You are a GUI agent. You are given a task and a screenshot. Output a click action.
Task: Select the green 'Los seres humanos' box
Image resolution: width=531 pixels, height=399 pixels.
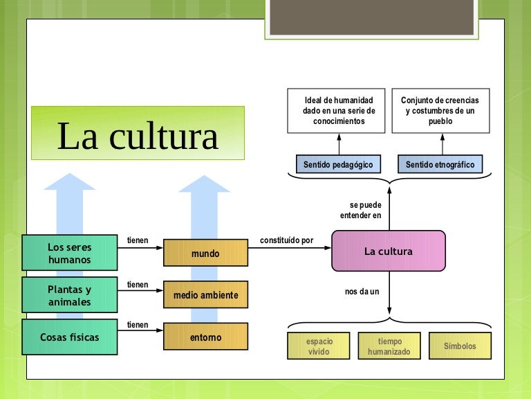click(x=69, y=253)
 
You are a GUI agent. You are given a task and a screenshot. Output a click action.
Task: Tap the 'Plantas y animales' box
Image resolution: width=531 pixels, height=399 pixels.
click(x=69, y=296)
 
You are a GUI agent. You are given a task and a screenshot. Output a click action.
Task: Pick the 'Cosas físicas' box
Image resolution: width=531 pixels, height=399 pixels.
click(x=69, y=337)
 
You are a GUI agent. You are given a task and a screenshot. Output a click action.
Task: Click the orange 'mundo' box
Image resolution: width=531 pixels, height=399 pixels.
click(x=205, y=254)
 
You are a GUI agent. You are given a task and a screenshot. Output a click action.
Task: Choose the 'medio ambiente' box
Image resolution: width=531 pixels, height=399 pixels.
click(x=205, y=295)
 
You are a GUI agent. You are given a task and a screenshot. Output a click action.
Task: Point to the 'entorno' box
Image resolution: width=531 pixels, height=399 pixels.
click(x=205, y=337)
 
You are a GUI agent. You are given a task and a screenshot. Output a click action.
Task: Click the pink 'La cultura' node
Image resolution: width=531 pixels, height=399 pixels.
click(x=389, y=251)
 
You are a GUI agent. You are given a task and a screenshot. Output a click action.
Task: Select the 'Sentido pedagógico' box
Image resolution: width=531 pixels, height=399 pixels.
click(x=338, y=164)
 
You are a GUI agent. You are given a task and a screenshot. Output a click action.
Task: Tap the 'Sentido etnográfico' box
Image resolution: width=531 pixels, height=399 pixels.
click(x=440, y=164)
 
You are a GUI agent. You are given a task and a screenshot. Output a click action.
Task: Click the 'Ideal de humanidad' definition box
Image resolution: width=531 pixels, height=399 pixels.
click(x=339, y=111)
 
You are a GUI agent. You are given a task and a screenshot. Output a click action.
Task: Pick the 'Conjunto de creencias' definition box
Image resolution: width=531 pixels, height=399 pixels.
click(x=440, y=111)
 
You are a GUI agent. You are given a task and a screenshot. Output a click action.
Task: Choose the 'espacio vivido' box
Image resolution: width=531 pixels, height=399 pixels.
click(x=319, y=346)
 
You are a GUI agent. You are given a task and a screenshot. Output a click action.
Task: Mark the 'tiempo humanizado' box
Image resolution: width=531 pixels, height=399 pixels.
click(x=389, y=346)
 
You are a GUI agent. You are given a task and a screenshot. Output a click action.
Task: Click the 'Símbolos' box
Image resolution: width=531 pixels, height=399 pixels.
click(x=460, y=346)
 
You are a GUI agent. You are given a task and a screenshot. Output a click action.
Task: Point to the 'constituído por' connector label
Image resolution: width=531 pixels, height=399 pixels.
click(x=286, y=240)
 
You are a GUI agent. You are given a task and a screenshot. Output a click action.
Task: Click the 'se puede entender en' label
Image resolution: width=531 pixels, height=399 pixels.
click(x=360, y=211)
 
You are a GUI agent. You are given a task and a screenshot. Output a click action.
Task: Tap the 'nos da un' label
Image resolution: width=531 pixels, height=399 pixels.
click(x=362, y=292)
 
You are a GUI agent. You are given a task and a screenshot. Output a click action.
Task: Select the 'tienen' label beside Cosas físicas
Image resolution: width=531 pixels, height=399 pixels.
click(x=138, y=325)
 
